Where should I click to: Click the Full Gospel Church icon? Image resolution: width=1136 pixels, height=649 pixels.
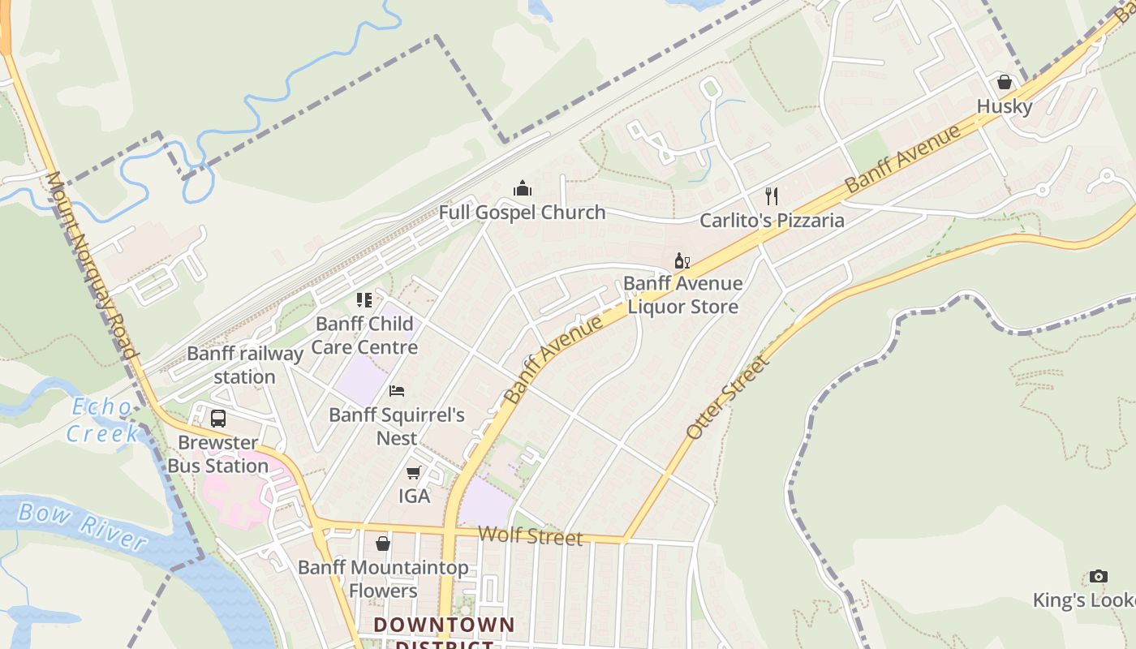tap(523, 188)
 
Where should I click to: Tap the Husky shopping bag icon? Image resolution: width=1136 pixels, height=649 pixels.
tap(1005, 82)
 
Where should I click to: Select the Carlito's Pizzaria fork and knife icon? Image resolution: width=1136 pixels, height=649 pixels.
tap(772, 196)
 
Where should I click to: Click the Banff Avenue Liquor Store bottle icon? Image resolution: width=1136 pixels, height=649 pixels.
tap(682, 260)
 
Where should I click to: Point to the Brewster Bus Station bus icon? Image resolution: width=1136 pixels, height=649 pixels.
tap(218, 419)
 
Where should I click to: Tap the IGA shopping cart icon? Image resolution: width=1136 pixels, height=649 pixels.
tap(414, 472)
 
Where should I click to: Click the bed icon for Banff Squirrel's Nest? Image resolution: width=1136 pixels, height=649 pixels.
tap(397, 391)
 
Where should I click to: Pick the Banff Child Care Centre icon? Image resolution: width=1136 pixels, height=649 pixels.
tap(364, 300)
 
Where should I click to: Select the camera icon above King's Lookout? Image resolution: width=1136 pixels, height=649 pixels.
tap(1099, 576)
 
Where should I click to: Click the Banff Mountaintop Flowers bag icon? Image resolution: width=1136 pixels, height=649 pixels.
tap(383, 543)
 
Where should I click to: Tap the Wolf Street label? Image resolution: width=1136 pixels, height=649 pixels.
tap(530, 535)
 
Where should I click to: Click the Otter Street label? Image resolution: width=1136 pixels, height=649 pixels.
tap(727, 398)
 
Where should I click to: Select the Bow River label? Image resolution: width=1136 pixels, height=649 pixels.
tap(82, 526)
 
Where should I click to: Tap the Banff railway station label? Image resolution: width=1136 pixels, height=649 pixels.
tap(244, 365)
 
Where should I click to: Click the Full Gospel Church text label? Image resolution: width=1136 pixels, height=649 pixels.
tap(522, 213)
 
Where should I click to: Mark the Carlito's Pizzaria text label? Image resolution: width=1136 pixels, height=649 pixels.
tap(772, 220)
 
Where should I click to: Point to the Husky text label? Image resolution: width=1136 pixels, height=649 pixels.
tap(1005, 106)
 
